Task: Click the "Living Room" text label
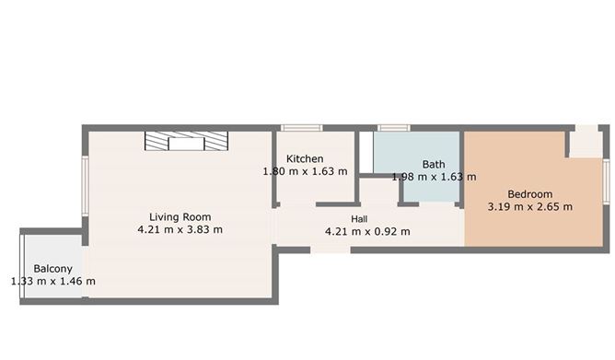coord(180,216)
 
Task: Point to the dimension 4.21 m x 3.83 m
coord(180,229)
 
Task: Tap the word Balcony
coord(52,269)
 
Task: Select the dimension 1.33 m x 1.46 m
coord(52,282)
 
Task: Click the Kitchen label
coord(305,158)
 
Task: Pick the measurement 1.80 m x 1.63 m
coord(305,171)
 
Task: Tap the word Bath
coord(434,165)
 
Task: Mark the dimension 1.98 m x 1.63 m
coord(434,177)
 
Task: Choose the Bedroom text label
coord(529,194)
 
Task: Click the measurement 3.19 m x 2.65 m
coord(529,207)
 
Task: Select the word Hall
coord(360,218)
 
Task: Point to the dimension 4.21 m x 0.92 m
coord(367,231)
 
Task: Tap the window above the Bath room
coord(393,127)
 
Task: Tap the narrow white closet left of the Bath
coord(366,152)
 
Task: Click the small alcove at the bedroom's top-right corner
coord(584,142)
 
